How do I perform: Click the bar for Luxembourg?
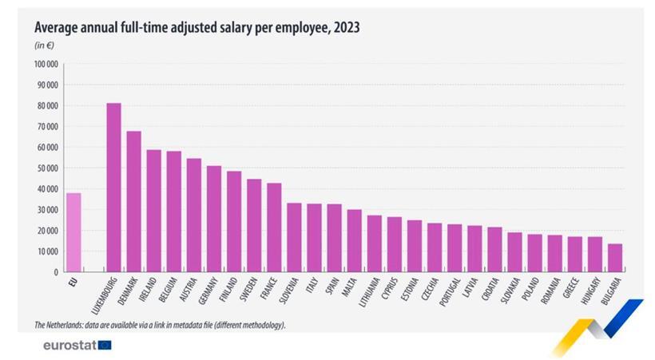pyautogui.click(x=113, y=188)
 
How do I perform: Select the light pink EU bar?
pyautogui.click(x=73, y=232)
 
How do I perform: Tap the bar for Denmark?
pyautogui.click(x=133, y=201)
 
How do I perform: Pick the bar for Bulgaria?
pyautogui.click(x=614, y=258)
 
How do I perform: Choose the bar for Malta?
pyautogui.click(x=354, y=240)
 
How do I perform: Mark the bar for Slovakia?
pyautogui.click(x=514, y=252)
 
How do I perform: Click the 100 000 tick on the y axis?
pyautogui.click(x=46, y=64)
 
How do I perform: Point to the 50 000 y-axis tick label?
pyautogui.click(x=46, y=168)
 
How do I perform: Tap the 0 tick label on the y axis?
pyautogui.click(x=56, y=272)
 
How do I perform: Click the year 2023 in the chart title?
pyautogui.click(x=346, y=27)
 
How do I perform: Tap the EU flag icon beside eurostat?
pyautogui.click(x=105, y=345)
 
